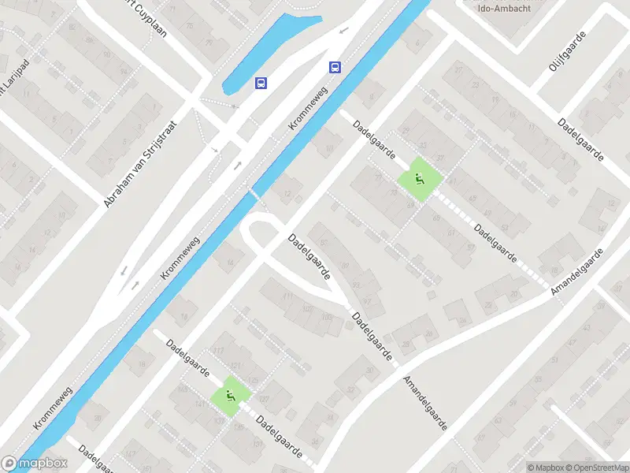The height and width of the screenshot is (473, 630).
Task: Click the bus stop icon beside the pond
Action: pos(261,82)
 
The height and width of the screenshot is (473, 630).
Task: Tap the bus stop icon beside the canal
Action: pos(335,67)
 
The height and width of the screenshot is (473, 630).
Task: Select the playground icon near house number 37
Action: pos(418,179)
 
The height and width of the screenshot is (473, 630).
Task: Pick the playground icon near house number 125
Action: pos(231,396)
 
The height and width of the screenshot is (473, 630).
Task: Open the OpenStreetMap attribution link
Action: pos(596,467)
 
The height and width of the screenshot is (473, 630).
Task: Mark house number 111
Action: pos(287,296)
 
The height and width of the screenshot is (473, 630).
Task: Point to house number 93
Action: pos(357,285)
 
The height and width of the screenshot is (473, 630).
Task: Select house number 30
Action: pos(370,371)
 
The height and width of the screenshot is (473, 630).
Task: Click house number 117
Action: pos(218,351)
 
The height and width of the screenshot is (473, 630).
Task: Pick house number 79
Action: pos(209,42)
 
